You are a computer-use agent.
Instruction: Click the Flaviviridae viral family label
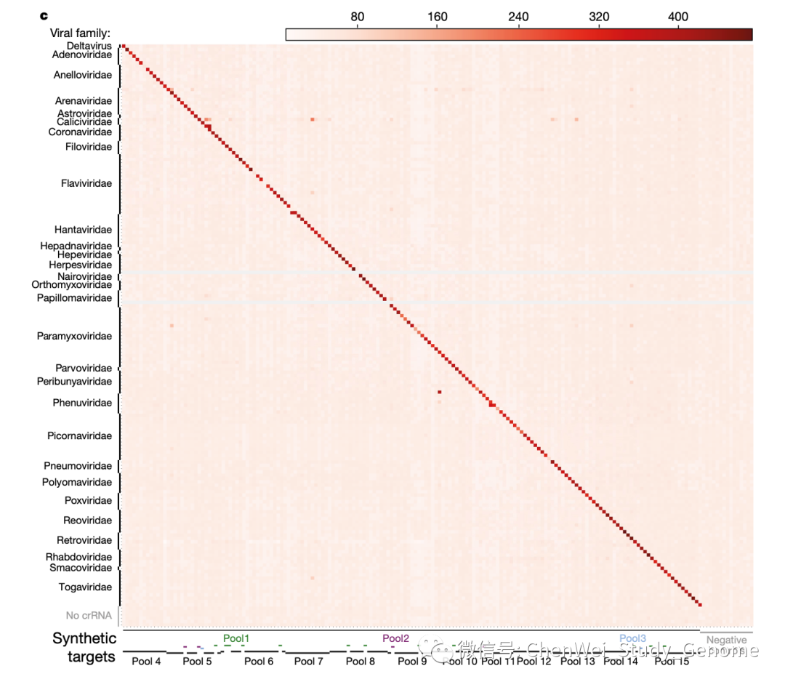click(x=86, y=183)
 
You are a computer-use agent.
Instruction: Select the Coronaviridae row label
click(x=80, y=132)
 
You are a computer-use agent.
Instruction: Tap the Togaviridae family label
click(x=85, y=587)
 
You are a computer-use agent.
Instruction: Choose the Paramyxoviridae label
click(x=75, y=337)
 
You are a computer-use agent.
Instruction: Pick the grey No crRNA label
click(x=89, y=616)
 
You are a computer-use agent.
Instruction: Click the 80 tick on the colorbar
click(x=357, y=17)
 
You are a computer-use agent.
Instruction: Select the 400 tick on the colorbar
click(x=677, y=17)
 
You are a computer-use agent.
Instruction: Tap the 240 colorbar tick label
click(x=518, y=17)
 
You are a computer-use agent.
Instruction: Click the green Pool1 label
click(x=236, y=639)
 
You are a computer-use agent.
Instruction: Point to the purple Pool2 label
click(x=396, y=639)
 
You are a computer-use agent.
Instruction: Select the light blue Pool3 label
click(x=632, y=639)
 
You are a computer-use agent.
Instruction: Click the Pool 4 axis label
click(x=146, y=662)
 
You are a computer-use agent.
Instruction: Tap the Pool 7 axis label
click(x=309, y=662)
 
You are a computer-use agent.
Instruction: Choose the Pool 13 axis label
click(x=578, y=662)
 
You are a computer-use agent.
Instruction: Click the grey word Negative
click(x=727, y=640)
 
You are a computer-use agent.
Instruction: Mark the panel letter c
click(x=42, y=15)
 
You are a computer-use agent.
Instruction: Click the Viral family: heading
click(x=80, y=33)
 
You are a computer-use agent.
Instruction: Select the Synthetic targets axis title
click(x=84, y=648)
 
